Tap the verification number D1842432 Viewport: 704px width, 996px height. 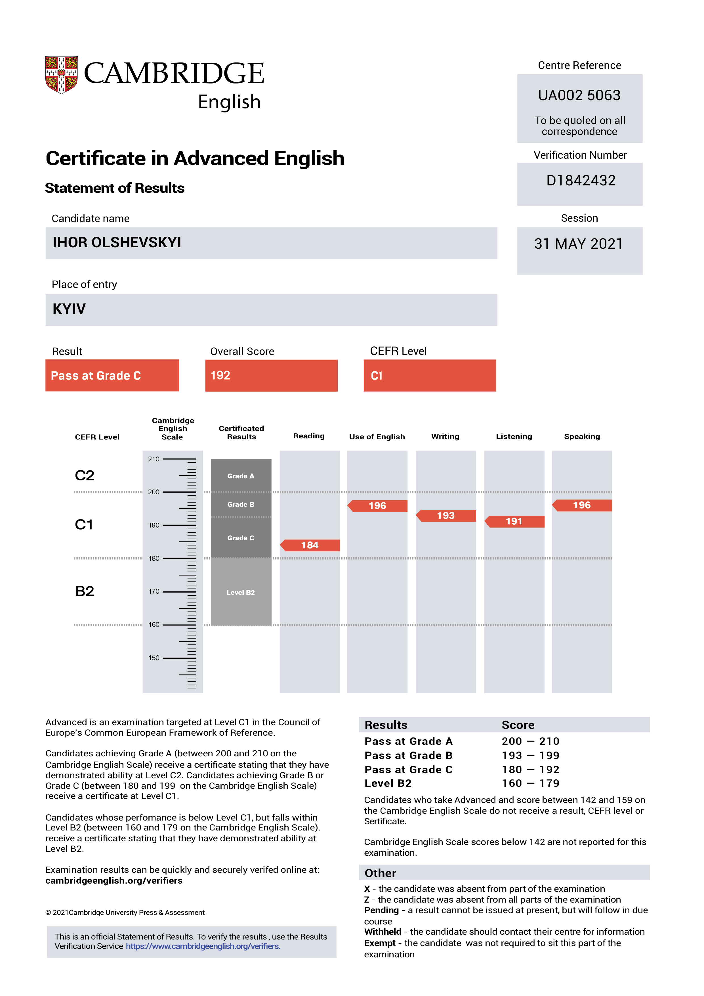click(581, 181)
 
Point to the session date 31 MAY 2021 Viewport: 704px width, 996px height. click(578, 244)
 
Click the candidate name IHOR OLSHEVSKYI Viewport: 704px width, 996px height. click(117, 242)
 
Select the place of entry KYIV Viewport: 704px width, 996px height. click(69, 309)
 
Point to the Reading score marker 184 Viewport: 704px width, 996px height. click(310, 545)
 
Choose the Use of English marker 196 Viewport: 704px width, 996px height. click(378, 506)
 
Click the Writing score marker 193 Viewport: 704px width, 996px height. click(446, 516)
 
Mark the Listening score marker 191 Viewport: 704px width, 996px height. click(514, 522)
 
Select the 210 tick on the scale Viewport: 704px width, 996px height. click(154, 459)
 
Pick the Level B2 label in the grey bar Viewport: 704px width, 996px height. click(241, 593)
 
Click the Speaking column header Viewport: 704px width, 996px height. click(582, 436)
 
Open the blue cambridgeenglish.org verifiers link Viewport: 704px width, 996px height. click(203, 946)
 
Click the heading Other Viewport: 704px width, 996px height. click(380, 873)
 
